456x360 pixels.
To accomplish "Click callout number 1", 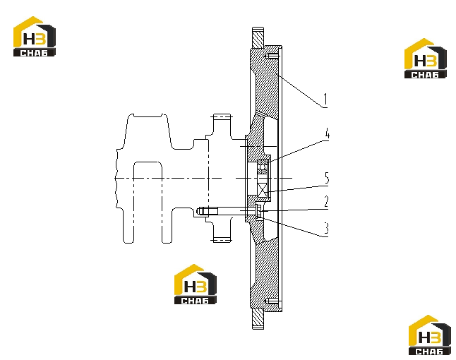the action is pyautogui.click(x=325, y=99).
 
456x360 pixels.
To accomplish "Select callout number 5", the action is pyautogui.click(x=327, y=178).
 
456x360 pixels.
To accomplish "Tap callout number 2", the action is pyautogui.click(x=327, y=201).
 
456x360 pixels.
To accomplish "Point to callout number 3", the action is pyautogui.click(x=326, y=228).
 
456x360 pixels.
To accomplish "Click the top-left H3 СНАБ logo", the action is pyautogui.click(x=35, y=36).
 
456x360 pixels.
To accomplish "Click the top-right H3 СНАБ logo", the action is pyautogui.click(x=426, y=58).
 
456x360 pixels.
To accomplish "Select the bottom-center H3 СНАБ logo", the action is pyautogui.click(x=195, y=284).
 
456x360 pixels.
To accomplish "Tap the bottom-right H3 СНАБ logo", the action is pyautogui.click(x=430, y=335).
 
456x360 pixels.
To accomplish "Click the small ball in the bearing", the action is pyautogui.click(x=263, y=167).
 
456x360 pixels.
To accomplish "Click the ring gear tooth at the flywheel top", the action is pyautogui.click(x=258, y=37).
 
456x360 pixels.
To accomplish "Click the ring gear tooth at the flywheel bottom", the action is pyautogui.click(x=258, y=319).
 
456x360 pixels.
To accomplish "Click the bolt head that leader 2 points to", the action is pyautogui.click(x=259, y=211).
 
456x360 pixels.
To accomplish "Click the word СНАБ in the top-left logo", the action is pyautogui.click(x=35, y=53).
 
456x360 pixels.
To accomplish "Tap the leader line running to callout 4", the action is pyautogui.click(x=299, y=150).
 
